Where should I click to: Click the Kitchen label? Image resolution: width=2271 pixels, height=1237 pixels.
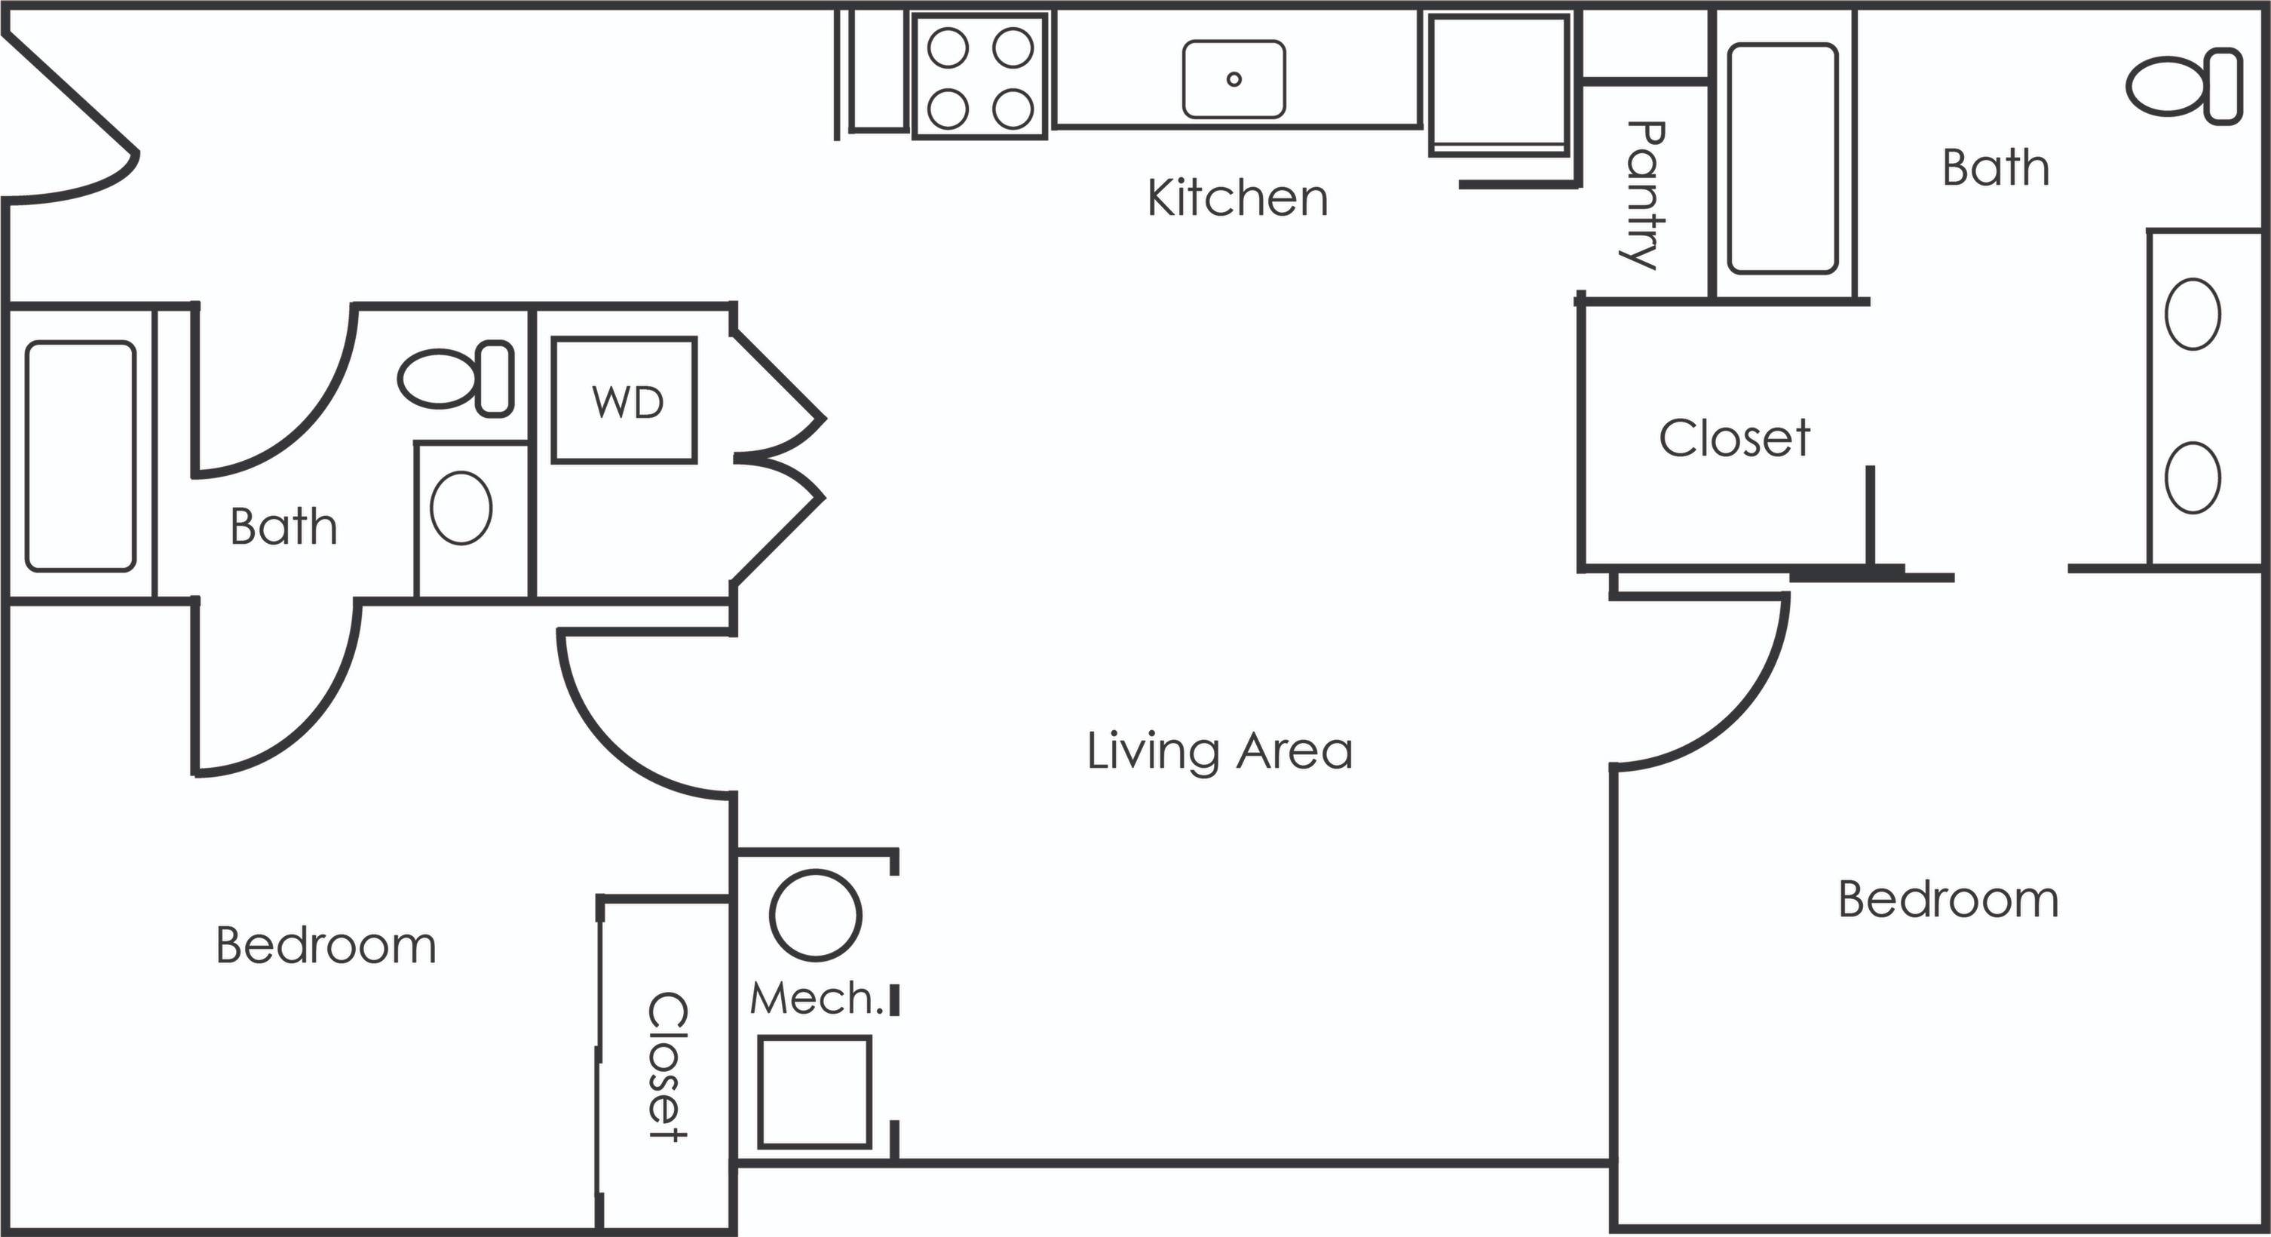1237,198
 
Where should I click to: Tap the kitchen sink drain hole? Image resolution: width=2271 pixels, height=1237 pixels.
1234,79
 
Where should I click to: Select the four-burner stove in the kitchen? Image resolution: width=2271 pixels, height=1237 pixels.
980,77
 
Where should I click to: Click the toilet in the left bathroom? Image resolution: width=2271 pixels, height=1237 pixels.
455,378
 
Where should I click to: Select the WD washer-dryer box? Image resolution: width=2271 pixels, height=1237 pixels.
625,401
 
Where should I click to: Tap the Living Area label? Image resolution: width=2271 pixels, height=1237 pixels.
1219,751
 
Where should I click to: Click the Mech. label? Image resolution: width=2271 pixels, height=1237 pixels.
816,999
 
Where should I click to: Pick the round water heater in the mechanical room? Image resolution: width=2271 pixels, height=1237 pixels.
816,915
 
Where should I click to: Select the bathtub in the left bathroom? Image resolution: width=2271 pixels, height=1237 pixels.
80,456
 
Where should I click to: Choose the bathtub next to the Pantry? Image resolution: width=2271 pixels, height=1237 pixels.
1782,158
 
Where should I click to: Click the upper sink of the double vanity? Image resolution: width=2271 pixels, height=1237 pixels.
2193,314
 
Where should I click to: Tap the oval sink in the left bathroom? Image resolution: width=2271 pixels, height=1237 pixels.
461,508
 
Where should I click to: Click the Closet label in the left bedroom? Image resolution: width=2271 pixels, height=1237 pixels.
667,1067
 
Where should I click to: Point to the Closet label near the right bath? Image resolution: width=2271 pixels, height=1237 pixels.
1734,438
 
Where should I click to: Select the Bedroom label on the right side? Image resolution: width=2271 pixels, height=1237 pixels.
1948,900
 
